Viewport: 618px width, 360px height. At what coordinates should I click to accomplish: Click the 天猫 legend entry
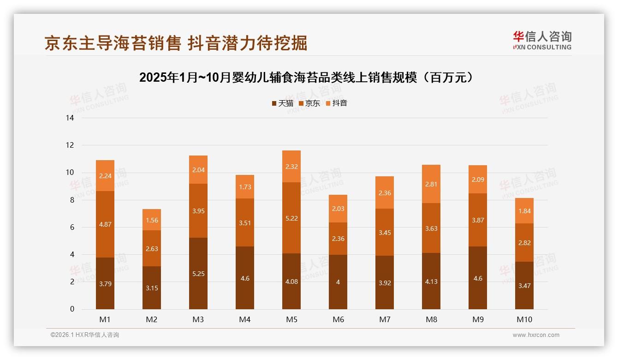tap(282, 103)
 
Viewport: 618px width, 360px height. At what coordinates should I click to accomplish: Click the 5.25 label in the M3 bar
tap(198, 274)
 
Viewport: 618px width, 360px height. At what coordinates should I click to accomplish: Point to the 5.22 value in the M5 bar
tap(291, 218)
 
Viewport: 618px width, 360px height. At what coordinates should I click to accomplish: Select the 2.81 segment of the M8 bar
tap(431, 184)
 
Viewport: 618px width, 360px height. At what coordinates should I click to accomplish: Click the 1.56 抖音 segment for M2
tap(152, 220)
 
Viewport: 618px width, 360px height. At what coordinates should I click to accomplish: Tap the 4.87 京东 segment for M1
tap(105, 224)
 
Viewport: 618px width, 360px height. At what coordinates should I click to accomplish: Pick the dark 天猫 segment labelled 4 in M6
tap(338, 282)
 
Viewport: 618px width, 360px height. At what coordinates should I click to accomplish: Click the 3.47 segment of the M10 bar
tap(524, 286)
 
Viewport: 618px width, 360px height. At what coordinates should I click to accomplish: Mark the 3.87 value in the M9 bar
tap(478, 220)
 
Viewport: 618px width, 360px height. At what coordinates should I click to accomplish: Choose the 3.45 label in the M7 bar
tap(385, 233)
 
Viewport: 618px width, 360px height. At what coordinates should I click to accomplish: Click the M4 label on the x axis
tap(245, 319)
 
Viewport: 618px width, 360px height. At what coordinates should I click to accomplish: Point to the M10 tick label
tap(524, 319)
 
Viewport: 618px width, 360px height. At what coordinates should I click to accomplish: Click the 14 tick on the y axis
tap(70, 118)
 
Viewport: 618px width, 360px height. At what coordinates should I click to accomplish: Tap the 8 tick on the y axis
tap(71, 200)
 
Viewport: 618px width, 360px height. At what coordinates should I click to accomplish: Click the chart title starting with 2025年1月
tap(307, 78)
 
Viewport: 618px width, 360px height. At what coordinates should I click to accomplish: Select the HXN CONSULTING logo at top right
tap(542, 41)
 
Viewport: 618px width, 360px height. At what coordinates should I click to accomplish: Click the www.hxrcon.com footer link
tap(536, 335)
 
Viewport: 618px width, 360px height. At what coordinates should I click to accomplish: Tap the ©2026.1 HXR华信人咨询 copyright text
tap(85, 335)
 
